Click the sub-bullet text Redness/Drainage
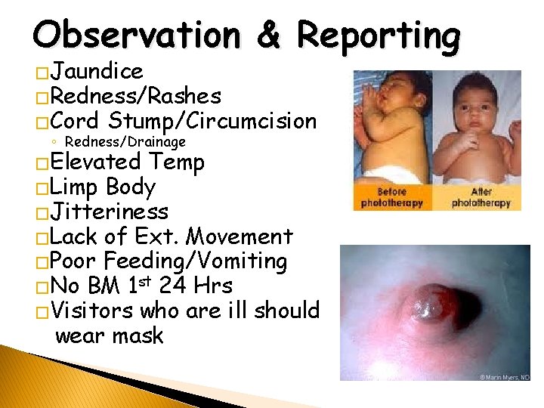click(x=125, y=141)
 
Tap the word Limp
click(x=76, y=187)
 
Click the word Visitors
click(x=99, y=311)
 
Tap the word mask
click(x=135, y=335)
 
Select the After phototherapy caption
click(x=481, y=198)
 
